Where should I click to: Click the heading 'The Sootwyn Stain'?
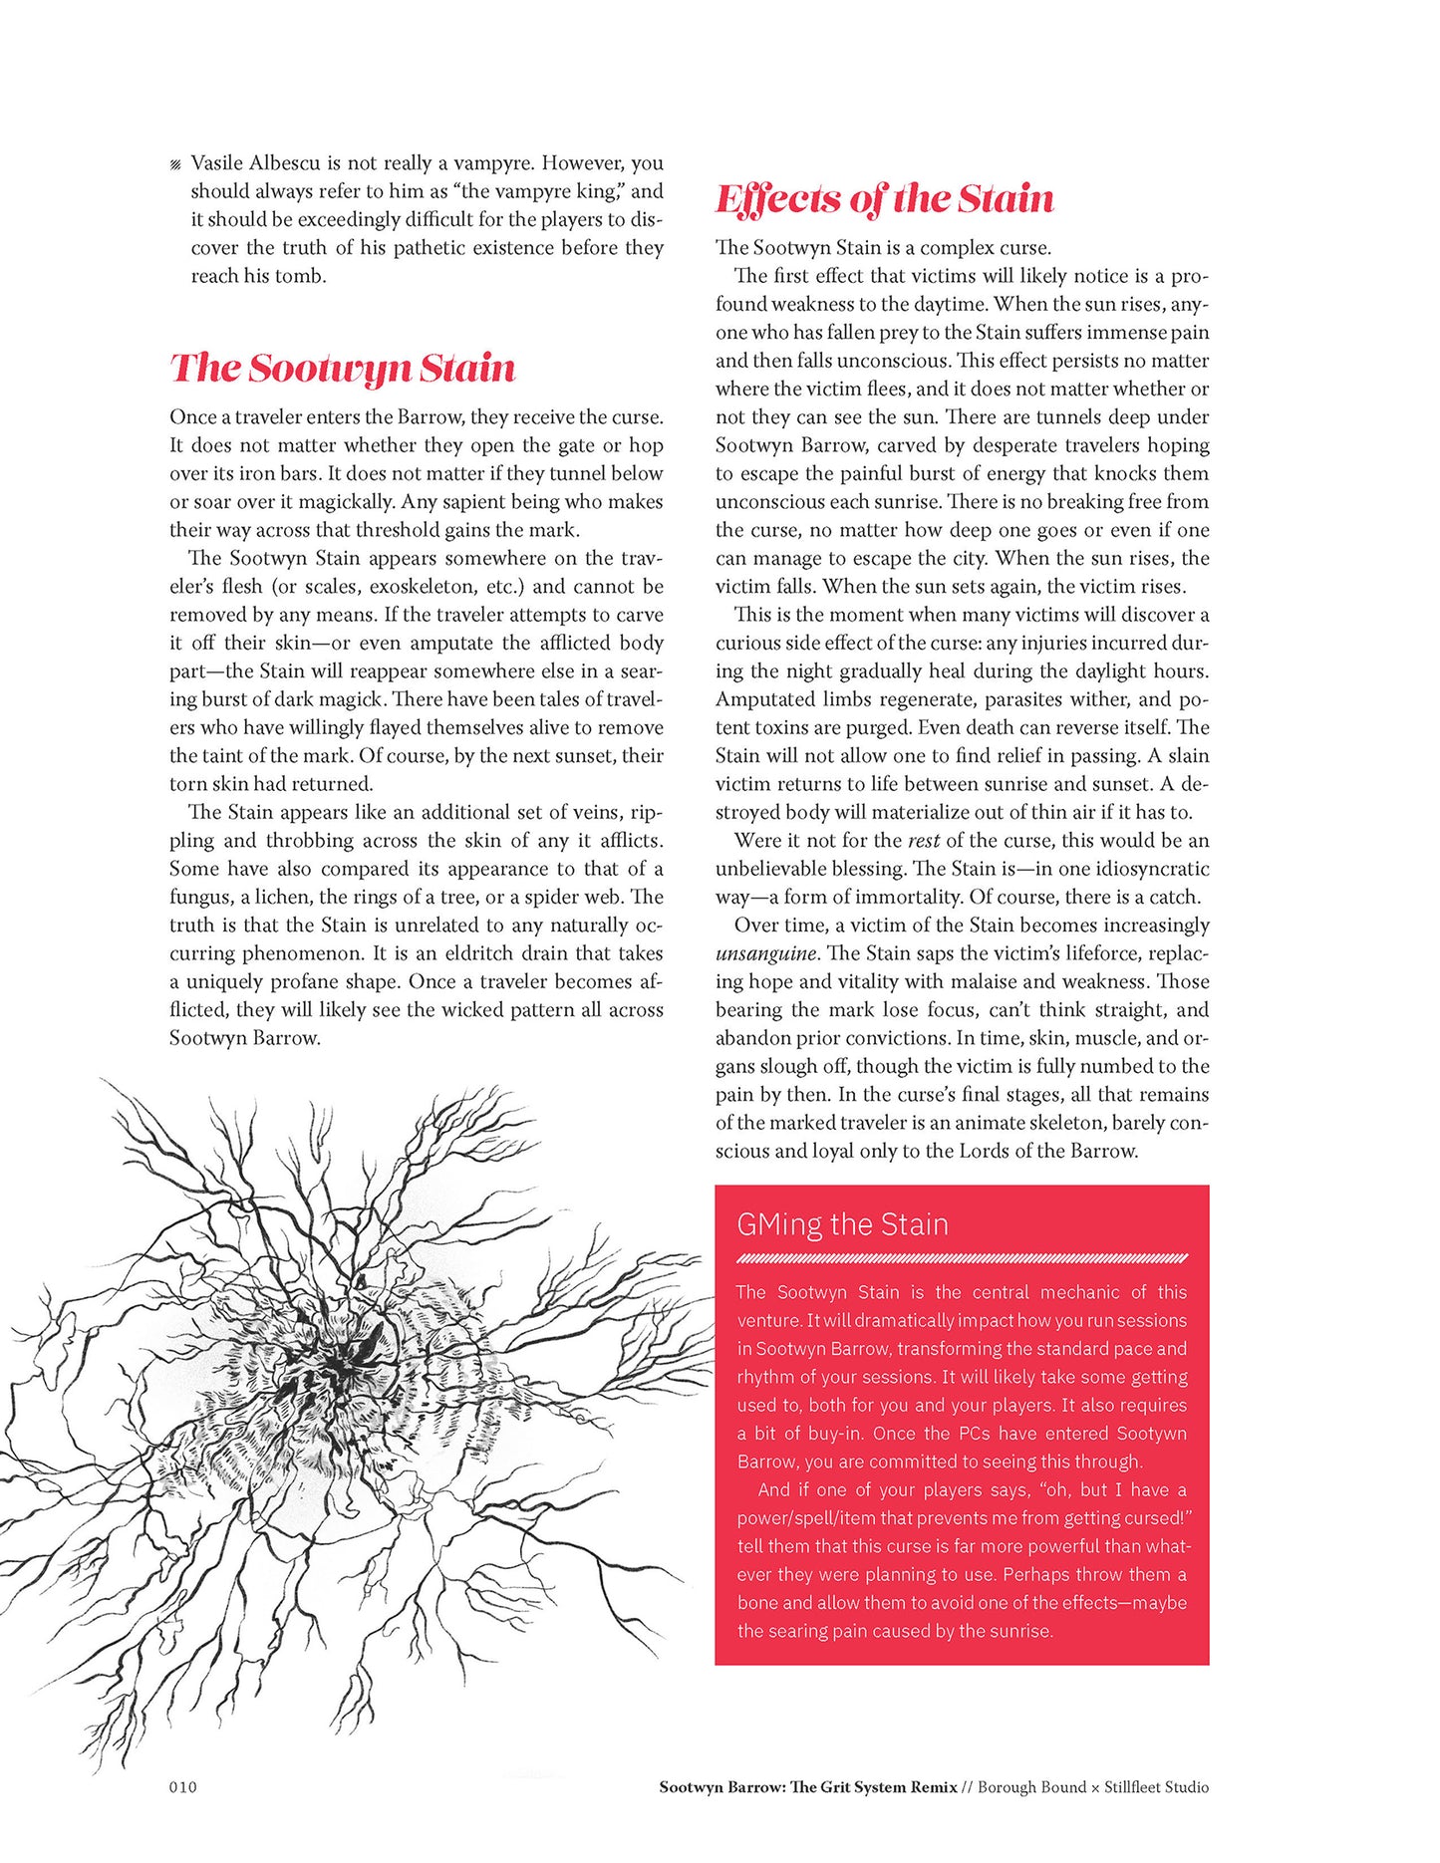(342, 368)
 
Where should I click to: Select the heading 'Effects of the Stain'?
(884, 198)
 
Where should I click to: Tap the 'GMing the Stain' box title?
(842, 1223)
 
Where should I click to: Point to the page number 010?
(183, 1786)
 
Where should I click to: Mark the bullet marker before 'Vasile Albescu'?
(175, 164)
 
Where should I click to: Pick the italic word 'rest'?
(923, 840)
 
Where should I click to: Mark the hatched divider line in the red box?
(962, 1258)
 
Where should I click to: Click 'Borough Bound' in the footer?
(1031, 1786)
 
